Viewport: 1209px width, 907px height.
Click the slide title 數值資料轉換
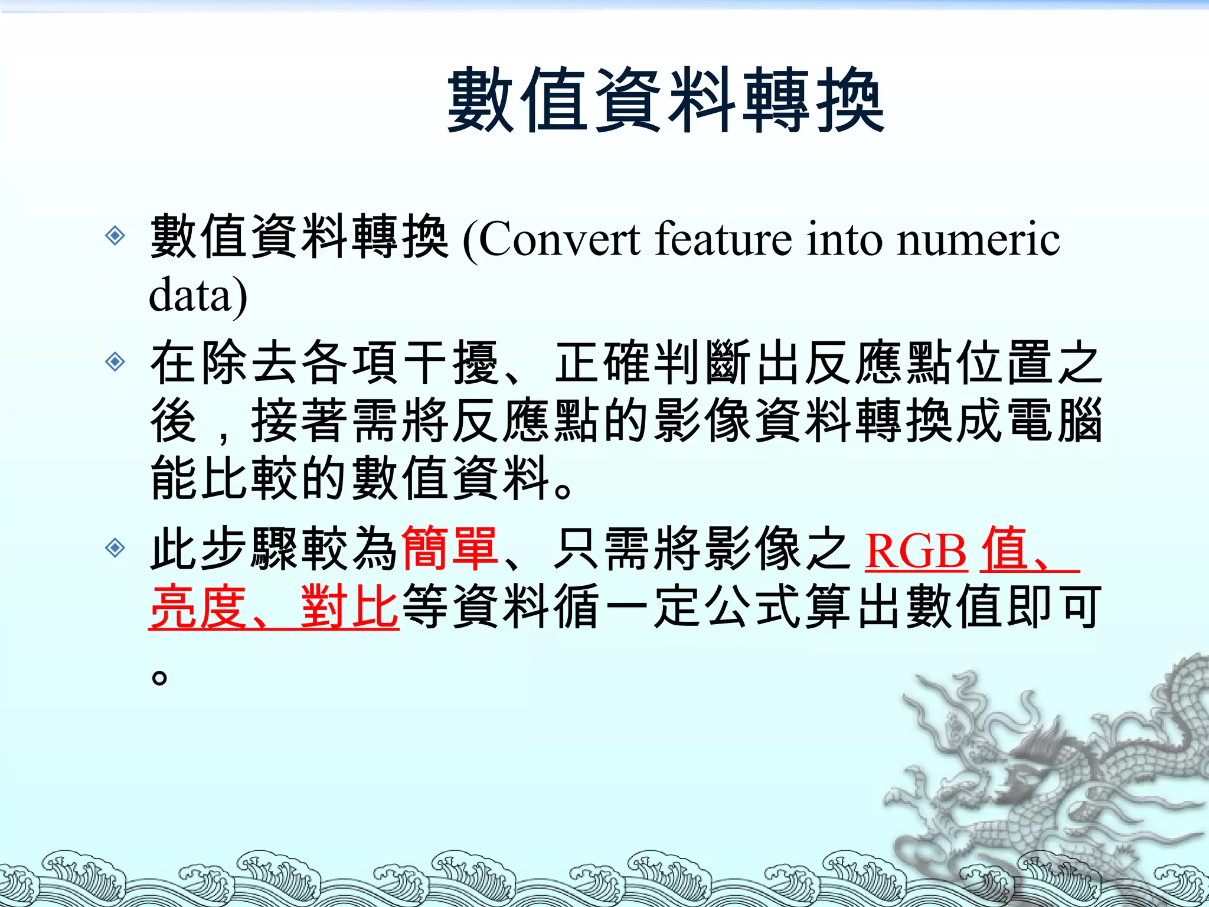[x=665, y=100]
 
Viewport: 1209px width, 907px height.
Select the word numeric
[x=978, y=240]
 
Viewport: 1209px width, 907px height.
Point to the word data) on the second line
[x=198, y=295]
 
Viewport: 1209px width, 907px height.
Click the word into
[x=844, y=240]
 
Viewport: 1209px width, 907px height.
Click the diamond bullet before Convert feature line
[x=115, y=236]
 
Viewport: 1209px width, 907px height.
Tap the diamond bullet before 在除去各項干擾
[x=115, y=361]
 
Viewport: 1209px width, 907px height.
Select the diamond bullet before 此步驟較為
[x=115, y=548]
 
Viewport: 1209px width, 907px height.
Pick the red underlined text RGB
[x=916, y=550]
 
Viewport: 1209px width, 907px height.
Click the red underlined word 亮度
[x=198, y=606]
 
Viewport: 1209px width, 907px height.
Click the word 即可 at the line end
[x=1054, y=606]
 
